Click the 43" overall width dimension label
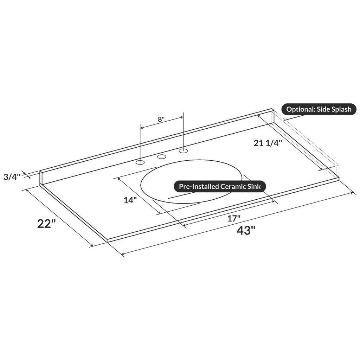[x=246, y=230]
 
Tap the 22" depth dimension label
[x=47, y=224]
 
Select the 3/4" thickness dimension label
[x=12, y=177]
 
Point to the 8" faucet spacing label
[x=161, y=120]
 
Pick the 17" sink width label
[x=234, y=218]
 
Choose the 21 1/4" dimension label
[x=268, y=143]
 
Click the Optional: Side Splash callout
[x=319, y=109]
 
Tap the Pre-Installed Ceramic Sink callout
[x=220, y=186]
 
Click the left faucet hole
[x=140, y=162]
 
